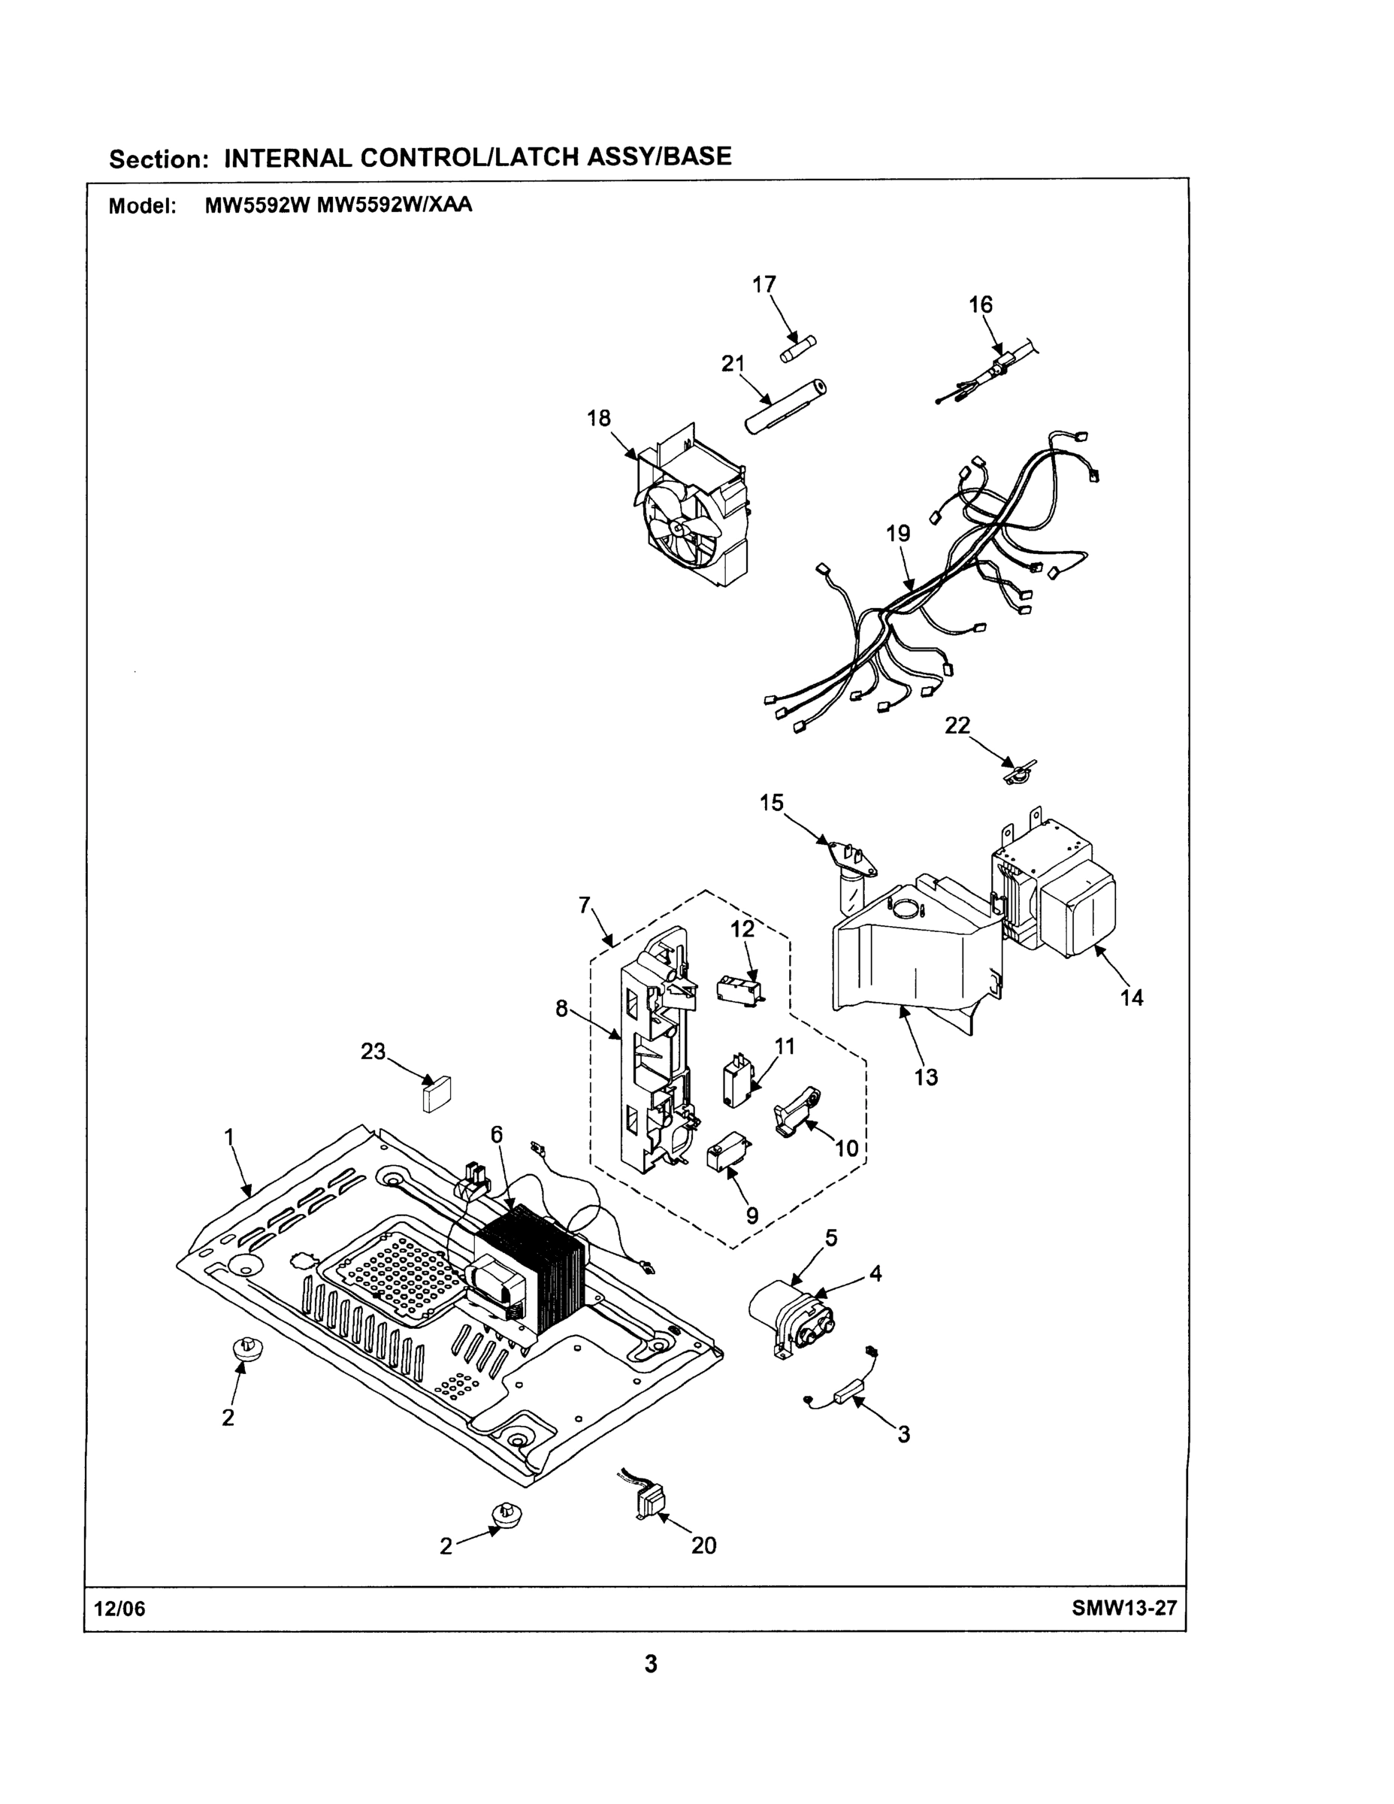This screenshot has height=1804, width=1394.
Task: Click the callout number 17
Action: [764, 284]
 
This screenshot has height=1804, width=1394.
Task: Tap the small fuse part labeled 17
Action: [798, 350]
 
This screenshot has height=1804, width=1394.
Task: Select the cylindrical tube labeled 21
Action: [786, 407]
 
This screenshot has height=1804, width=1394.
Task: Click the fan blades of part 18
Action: [676, 525]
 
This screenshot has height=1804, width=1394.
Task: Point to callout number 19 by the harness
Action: [898, 534]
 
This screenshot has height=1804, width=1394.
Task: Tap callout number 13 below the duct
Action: [926, 1077]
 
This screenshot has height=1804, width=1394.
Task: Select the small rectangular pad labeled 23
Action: [436, 1093]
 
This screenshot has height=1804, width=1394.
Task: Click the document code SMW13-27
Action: [1124, 1609]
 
